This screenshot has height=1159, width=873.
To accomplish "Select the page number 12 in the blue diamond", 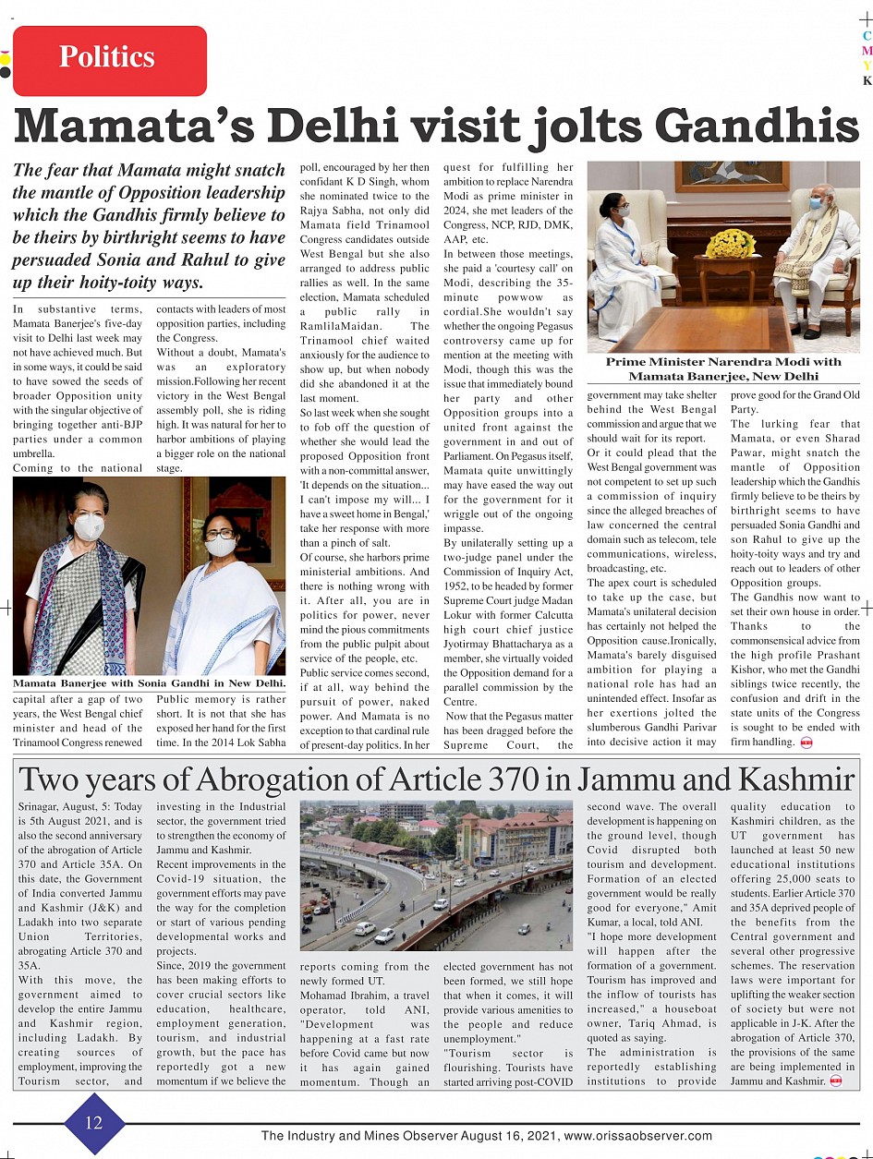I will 94,1123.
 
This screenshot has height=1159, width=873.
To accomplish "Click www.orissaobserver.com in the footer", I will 638,1136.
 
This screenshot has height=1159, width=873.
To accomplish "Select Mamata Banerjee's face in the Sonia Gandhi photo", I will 222,536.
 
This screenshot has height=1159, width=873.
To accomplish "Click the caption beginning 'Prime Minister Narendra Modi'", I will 723,368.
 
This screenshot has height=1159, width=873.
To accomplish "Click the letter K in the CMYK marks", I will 867,80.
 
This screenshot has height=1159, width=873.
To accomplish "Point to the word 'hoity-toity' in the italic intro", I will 100,282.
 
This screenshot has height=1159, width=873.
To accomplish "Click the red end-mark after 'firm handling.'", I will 806,742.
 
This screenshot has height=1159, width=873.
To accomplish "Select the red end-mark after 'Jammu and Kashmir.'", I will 835,1081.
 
